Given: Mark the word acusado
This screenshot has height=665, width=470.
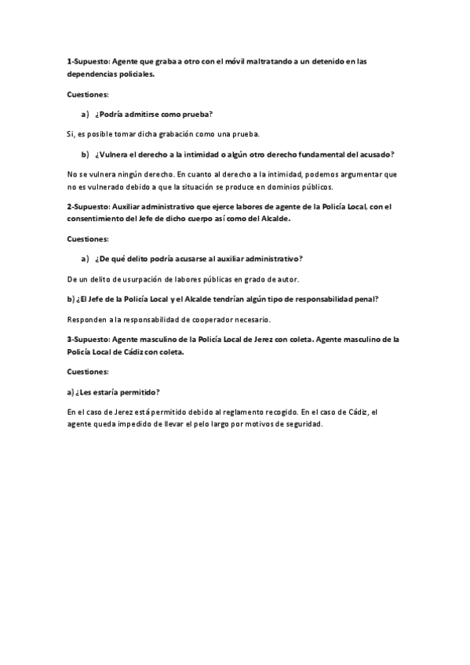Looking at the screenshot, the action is (x=375, y=154).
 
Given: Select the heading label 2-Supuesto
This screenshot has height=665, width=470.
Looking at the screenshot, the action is (x=88, y=206).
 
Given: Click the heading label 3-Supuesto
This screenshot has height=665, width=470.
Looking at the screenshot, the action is (x=88, y=339).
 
